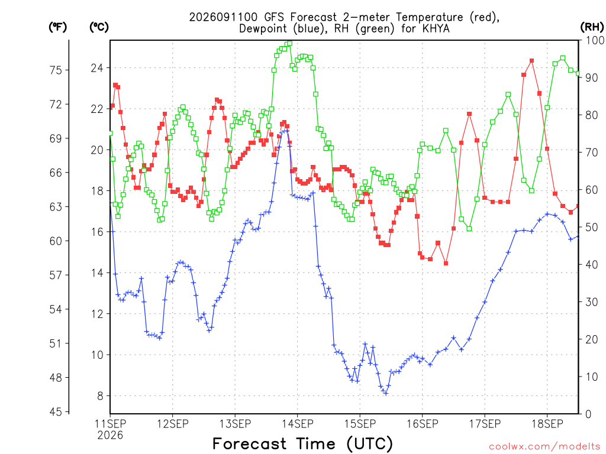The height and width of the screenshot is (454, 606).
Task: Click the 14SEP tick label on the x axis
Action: click(x=298, y=424)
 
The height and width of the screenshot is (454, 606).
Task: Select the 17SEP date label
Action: click(x=485, y=424)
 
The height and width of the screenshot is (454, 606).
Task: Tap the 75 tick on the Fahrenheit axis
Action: click(x=56, y=70)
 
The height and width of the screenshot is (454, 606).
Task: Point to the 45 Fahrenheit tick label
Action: click(x=56, y=412)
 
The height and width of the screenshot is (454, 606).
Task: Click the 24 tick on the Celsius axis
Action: click(x=97, y=69)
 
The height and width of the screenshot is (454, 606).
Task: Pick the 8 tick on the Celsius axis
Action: click(x=101, y=396)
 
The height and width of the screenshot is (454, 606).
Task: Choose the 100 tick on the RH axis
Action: click(x=595, y=40)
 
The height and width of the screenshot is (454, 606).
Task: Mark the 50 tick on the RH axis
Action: click(x=592, y=228)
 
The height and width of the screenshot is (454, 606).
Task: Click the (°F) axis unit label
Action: click(x=57, y=27)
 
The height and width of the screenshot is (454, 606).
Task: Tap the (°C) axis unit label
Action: click(x=99, y=27)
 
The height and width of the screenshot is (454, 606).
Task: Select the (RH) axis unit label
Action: click(x=592, y=27)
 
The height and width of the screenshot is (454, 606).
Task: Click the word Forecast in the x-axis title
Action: click(x=250, y=444)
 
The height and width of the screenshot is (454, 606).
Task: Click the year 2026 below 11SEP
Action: click(x=110, y=436)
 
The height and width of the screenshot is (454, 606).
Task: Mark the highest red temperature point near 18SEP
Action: click(x=532, y=61)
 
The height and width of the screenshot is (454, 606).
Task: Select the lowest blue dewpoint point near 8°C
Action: click(x=385, y=393)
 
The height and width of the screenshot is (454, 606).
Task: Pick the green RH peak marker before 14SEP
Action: click(x=289, y=44)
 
